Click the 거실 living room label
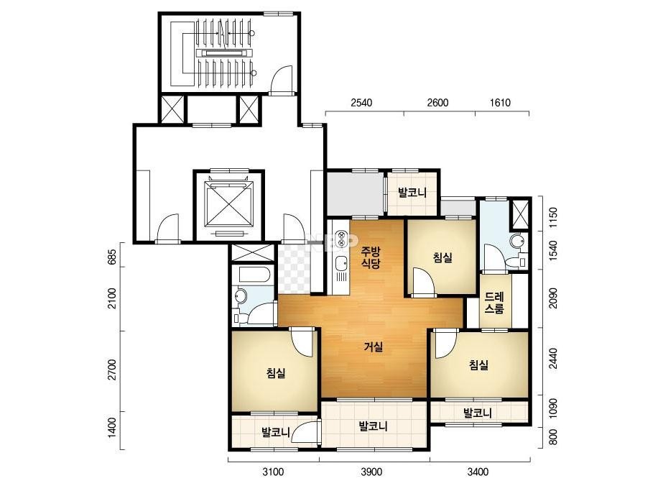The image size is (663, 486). (x=374, y=347)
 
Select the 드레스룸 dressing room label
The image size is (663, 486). (x=494, y=302)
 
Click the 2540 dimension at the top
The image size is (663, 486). (x=361, y=103)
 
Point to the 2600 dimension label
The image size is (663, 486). (x=437, y=103)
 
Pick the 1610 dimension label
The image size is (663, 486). (x=500, y=103)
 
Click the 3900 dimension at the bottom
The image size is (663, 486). (x=371, y=472)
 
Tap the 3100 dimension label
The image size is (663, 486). (x=273, y=472)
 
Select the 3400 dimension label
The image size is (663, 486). (x=478, y=472)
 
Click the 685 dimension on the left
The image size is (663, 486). (x=112, y=257)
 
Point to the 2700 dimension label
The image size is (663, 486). (x=112, y=370)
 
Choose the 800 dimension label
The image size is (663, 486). (x=553, y=437)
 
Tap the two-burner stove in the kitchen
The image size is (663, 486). (x=340, y=238)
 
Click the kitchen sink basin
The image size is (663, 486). (x=340, y=264)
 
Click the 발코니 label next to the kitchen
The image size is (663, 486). (x=412, y=193)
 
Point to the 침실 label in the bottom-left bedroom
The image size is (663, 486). (x=276, y=373)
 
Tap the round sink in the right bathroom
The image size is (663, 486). (x=516, y=242)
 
